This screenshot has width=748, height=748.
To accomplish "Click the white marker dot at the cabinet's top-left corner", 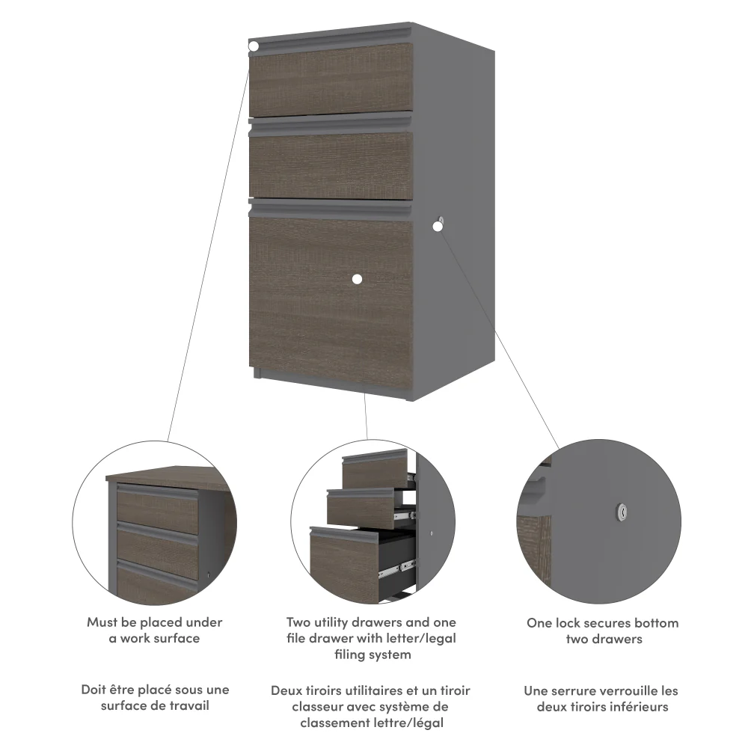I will point(254,46).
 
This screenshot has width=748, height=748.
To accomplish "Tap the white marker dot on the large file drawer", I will point(356,279).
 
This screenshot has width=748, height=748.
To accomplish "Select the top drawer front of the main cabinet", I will point(331,80).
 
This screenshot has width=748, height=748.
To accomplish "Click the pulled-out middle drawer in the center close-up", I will point(361,509).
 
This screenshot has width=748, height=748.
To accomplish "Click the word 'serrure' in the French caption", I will point(577,690).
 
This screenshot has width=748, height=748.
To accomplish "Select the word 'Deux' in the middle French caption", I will point(287,690).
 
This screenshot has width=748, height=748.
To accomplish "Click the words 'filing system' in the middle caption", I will point(372,655).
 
